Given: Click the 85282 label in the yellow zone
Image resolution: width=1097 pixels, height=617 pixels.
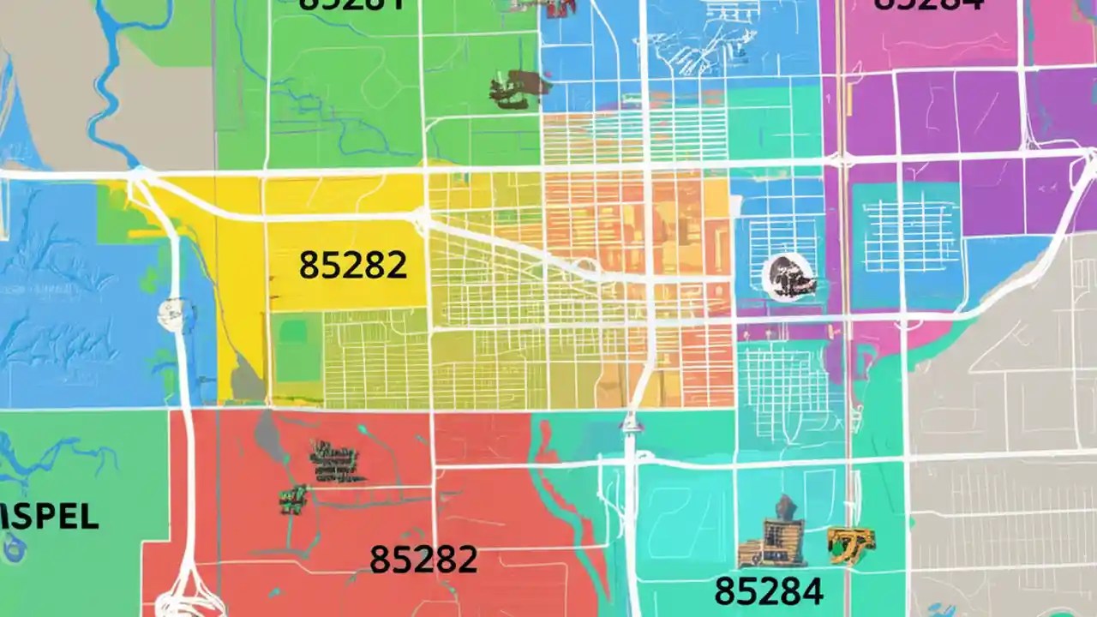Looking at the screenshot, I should pyautogui.click(x=353, y=266).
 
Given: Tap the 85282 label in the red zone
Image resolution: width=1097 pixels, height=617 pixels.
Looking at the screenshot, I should pyautogui.click(x=423, y=560).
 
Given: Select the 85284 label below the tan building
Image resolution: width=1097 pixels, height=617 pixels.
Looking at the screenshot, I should pyautogui.click(x=769, y=590).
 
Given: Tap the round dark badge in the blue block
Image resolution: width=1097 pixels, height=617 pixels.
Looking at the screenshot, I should pyautogui.click(x=788, y=277).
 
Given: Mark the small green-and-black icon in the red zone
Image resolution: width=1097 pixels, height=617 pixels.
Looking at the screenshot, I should pyautogui.click(x=293, y=498).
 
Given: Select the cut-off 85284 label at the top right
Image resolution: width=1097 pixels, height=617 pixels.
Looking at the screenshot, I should pyautogui.click(x=928, y=5).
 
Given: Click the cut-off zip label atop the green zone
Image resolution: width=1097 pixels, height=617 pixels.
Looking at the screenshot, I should pyautogui.click(x=351, y=4).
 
